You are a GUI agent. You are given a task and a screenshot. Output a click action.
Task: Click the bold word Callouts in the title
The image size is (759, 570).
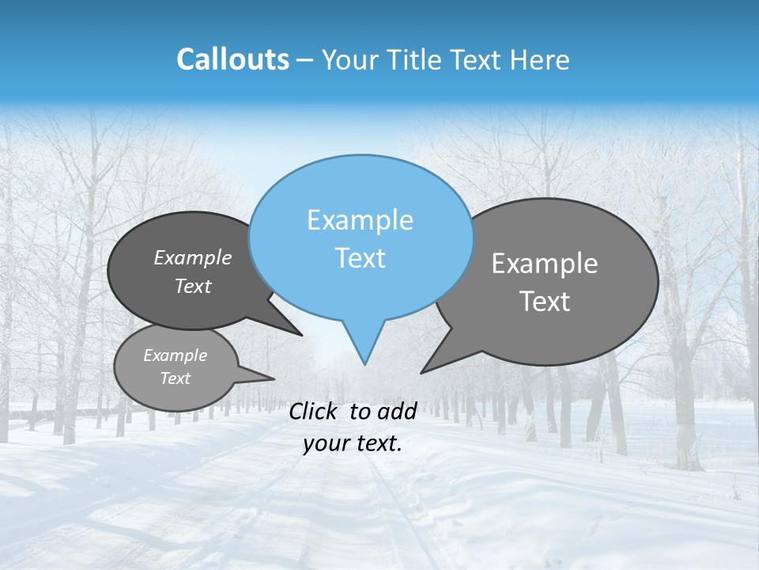pyautogui.click(x=232, y=59)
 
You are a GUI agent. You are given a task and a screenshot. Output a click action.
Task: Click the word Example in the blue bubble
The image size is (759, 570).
pyautogui.click(x=360, y=220)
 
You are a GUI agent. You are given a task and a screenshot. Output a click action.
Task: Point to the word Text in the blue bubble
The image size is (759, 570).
pyautogui.click(x=360, y=258)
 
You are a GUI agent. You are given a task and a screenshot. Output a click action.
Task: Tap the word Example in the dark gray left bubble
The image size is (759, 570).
pyautogui.click(x=193, y=257)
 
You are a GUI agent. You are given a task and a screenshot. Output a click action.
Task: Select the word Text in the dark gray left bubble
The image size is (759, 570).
pyautogui.click(x=193, y=286)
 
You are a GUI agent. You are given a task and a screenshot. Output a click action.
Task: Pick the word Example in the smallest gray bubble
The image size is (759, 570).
pyautogui.click(x=176, y=355)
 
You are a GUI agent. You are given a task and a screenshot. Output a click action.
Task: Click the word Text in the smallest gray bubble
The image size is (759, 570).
pyautogui.click(x=176, y=378)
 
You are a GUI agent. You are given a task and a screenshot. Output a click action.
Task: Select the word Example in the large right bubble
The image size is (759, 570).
pyautogui.click(x=545, y=264)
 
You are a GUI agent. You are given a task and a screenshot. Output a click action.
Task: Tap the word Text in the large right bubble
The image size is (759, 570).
pyautogui.click(x=545, y=302)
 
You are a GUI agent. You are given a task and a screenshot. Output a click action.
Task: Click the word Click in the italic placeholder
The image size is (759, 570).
pyautogui.click(x=315, y=411)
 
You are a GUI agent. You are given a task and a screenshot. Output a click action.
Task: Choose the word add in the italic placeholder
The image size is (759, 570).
pyautogui.click(x=397, y=411)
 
